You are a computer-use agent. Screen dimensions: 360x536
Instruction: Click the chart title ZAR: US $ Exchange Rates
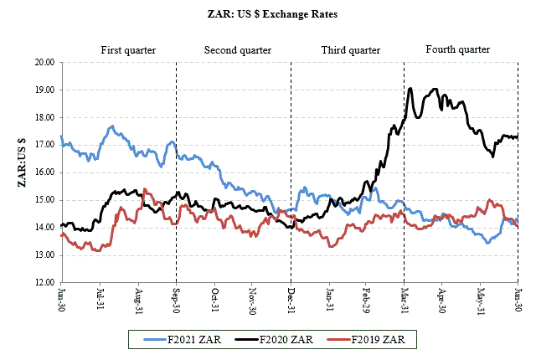[269, 14]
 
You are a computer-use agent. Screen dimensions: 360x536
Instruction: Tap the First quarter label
[128, 50]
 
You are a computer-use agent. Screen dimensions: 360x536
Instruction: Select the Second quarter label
[238, 50]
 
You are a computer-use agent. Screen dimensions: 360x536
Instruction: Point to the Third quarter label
[350, 50]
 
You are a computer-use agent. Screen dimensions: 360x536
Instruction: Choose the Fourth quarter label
[457, 49]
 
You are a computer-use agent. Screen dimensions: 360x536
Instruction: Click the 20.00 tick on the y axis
[44, 63]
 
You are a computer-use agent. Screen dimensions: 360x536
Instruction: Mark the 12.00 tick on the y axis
[44, 282]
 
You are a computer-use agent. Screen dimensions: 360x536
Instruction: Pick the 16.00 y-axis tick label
[44, 172]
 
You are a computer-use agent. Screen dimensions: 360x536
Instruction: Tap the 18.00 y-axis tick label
[44, 117]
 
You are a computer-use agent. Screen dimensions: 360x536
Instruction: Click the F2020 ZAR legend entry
[276, 340]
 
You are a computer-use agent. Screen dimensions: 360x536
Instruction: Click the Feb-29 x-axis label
[366, 301]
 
